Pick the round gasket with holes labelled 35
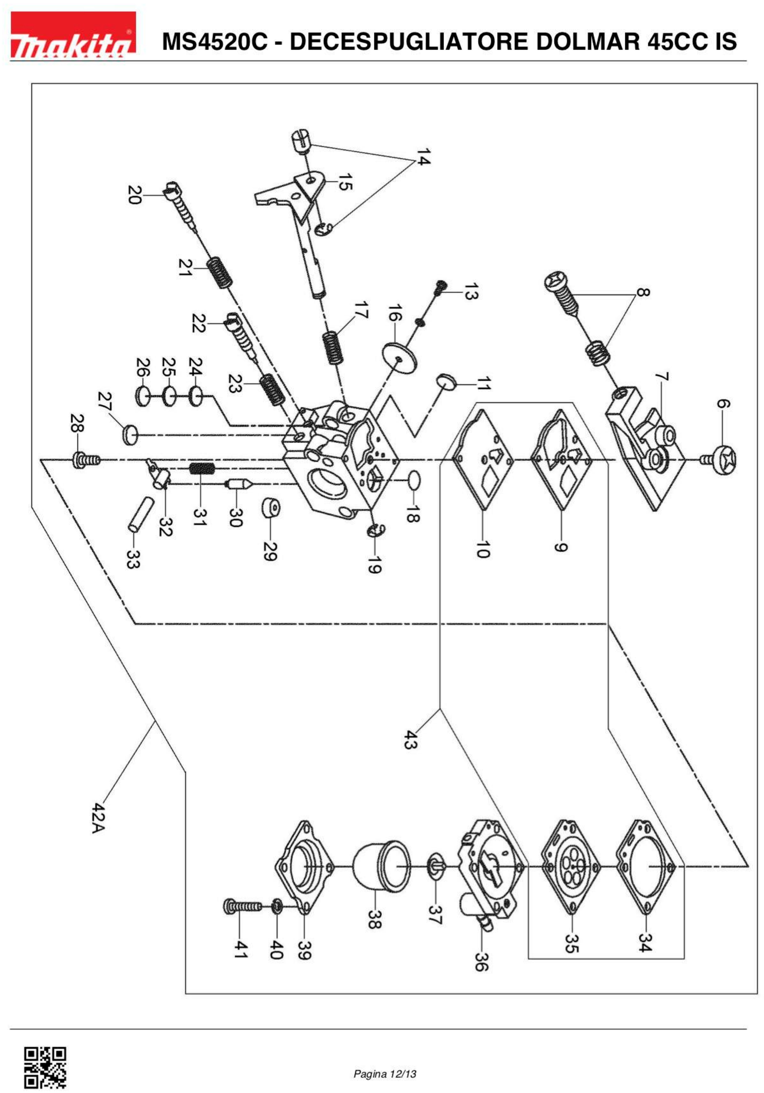(571, 867)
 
